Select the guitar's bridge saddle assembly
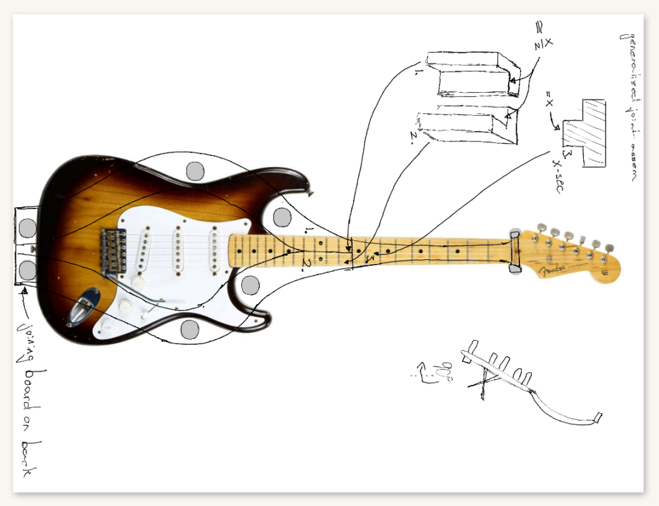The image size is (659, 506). click(115, 250)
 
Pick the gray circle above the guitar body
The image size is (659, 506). click(195, 171)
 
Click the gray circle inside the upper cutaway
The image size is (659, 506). click(282, 216)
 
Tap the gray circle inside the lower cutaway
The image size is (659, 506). click(250, 285)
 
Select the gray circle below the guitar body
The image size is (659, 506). click(190, 330)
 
